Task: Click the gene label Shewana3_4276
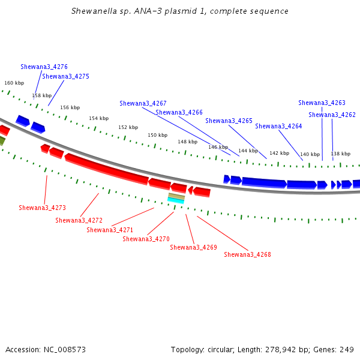44,67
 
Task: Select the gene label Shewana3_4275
65,76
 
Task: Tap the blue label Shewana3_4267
143,103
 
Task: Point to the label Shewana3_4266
179,112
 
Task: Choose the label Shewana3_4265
229,121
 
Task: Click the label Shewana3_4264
278,126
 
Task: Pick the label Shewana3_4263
322,103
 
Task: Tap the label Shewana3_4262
332,115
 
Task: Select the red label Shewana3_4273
42,208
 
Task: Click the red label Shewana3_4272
79,220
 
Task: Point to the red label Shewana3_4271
110,230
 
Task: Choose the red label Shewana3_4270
146,239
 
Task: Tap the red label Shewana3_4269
193,247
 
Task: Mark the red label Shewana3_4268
247,254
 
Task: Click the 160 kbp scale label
14,83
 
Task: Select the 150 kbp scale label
157,136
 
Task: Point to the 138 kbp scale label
340,154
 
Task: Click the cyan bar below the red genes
176,201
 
